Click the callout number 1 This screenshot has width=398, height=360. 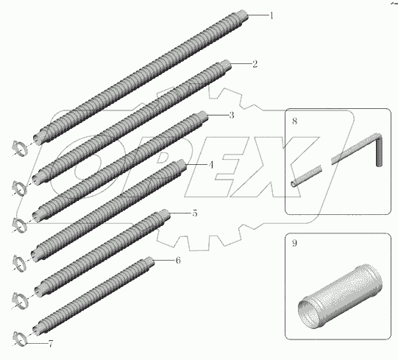(271, 15)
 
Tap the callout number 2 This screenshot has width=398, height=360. (255, 63)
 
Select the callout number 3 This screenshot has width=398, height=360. (231, 115)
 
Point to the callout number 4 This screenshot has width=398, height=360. (211, 165)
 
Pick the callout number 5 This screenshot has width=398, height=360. (194, 213)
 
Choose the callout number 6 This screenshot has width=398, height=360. (178, 261)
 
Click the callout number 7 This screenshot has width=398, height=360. (51, 344)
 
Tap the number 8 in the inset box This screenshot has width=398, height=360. (294, 121)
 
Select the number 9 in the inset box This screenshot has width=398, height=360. (294, 243)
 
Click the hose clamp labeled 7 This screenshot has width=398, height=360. (20, 339)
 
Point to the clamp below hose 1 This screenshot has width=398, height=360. (20, 149)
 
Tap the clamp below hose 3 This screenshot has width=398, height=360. (19, 225)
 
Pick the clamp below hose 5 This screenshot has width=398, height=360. (20, 300)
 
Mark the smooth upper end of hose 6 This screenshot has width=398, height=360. (150, 261)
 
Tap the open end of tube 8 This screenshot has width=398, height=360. (294, 184)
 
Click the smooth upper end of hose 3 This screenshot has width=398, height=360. (203, 115)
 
